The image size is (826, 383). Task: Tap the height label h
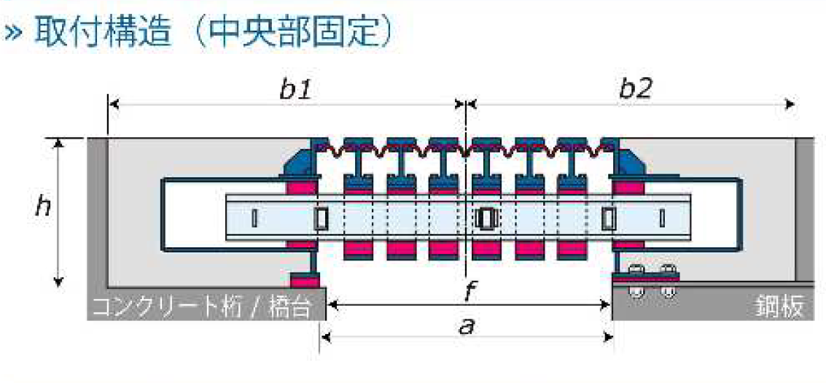coord(43,206)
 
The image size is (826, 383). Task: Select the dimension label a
coord(467,325)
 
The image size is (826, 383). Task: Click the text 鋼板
coord(780,307)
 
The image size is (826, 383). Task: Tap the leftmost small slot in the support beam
coord(253,217)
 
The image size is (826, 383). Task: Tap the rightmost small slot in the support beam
coord(662,217)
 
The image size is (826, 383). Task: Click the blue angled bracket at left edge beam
coord(297,162)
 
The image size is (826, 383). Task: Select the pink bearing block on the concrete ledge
coord(305,279)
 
